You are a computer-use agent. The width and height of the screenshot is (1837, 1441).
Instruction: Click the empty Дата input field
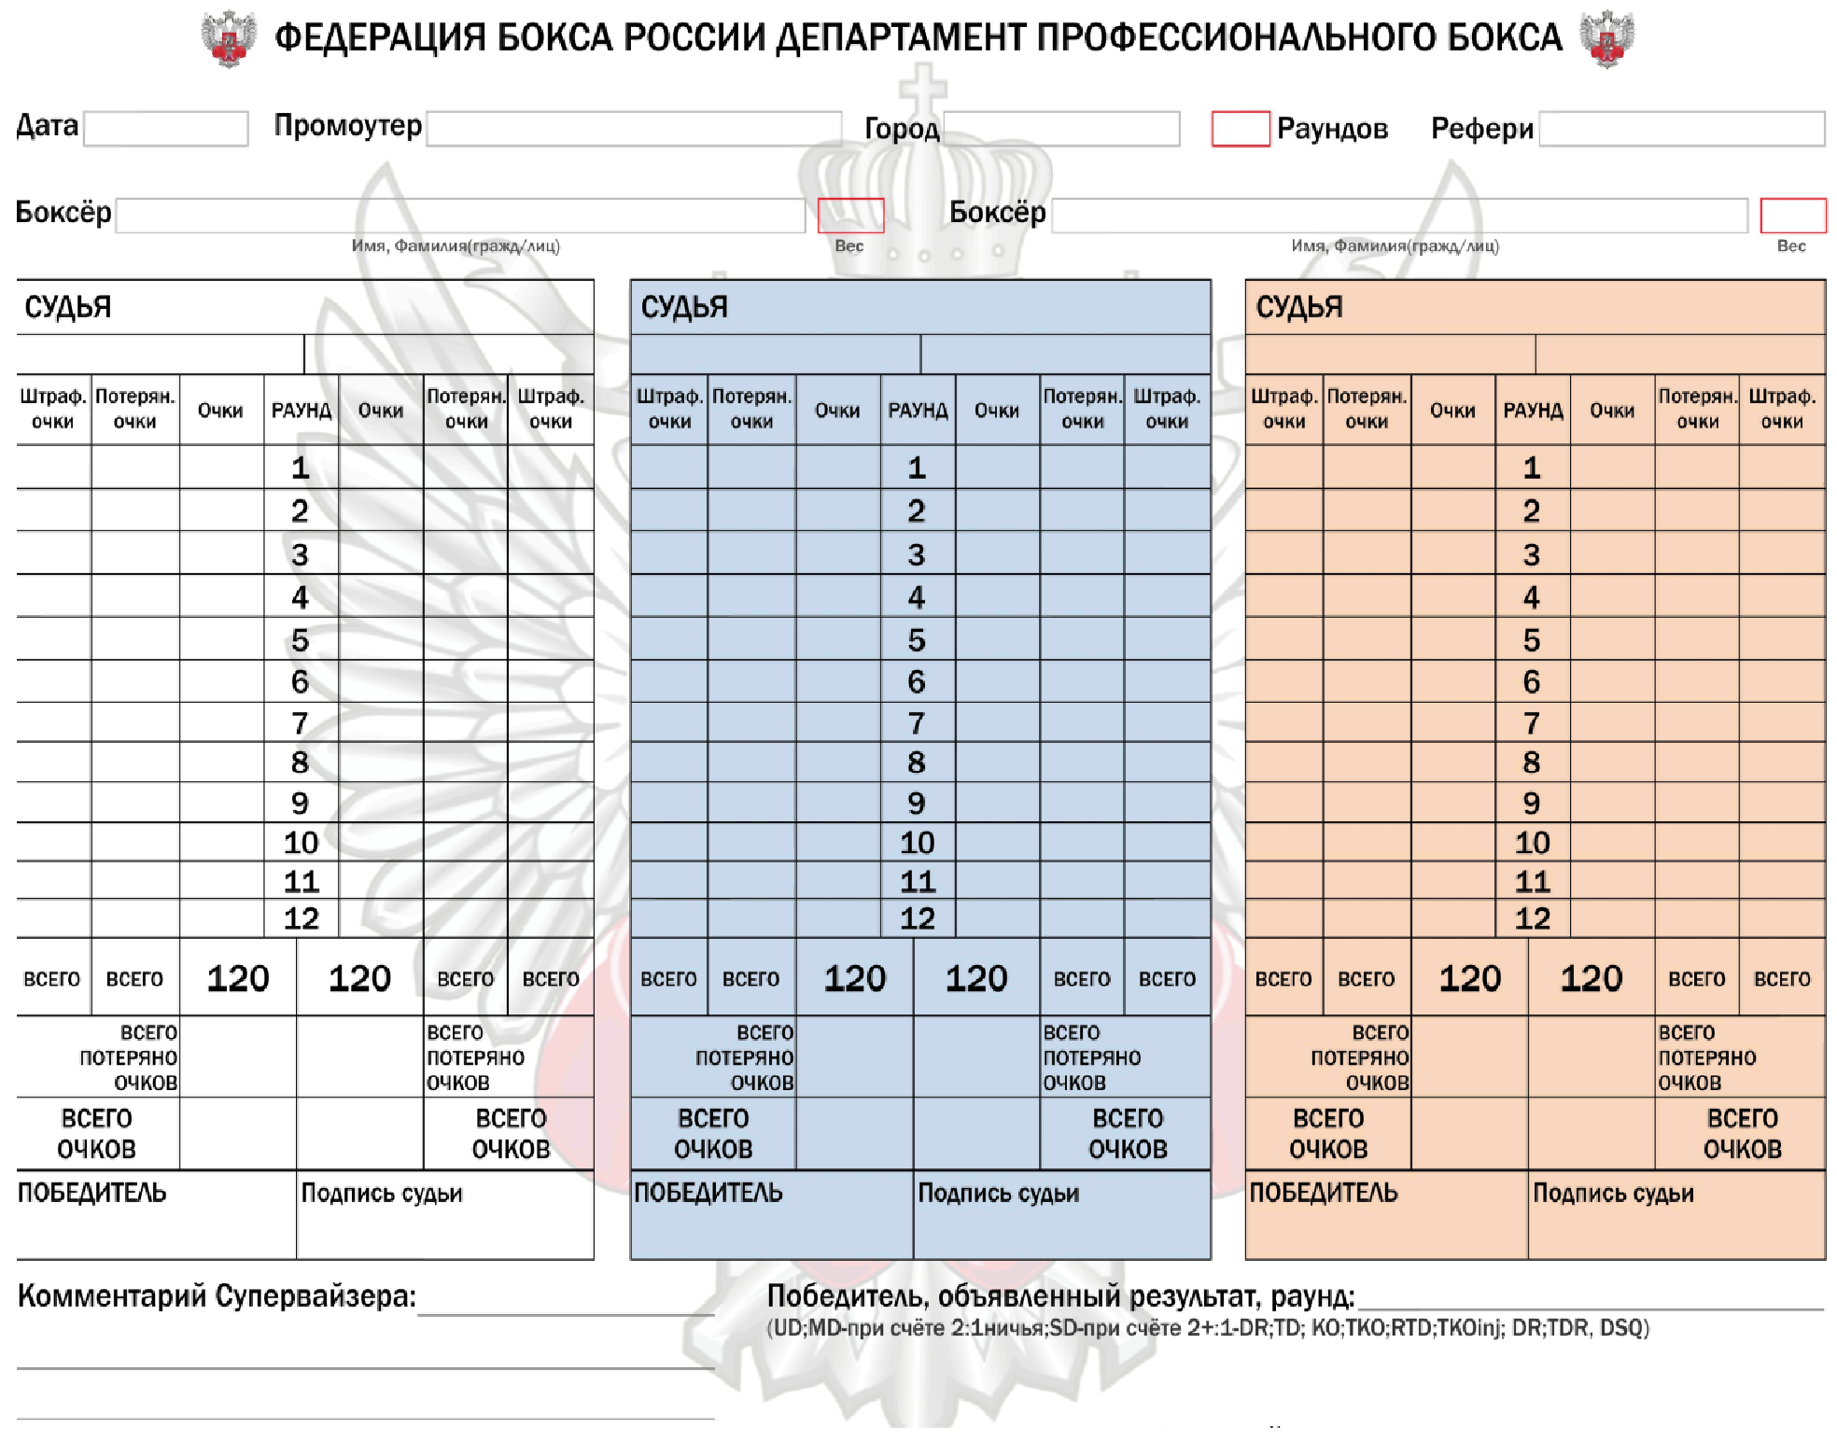click(x=166, y=129)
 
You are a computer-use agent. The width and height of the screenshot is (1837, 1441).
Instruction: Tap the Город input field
click(x=1061, y=129)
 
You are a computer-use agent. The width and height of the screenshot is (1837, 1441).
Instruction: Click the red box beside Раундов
click(x=1240, y=129)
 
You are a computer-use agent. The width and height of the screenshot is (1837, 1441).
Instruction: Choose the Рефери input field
click(x=1681, y=129)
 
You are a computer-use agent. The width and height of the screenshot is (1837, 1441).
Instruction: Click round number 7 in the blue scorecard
click(x=917, y=723)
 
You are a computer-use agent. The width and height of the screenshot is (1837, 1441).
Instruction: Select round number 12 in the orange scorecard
click(x=1532, y=918)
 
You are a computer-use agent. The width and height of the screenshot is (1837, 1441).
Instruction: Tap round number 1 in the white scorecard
click(x=300, y=468)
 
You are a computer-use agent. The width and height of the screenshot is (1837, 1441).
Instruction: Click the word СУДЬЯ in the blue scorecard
click(x=684, y=307)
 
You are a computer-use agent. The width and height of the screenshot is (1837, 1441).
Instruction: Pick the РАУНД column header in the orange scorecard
click(x=1533, y=411)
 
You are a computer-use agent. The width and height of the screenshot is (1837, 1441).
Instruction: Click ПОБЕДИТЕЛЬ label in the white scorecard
click(x=92, y=1193)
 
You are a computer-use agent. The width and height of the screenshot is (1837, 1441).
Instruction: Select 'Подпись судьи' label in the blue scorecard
click(x=998, y=1194)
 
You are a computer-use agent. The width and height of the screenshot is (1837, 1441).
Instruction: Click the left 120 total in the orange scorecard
click(x=1469, y=978)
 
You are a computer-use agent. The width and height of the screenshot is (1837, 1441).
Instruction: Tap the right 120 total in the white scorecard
click(x=359, y=978)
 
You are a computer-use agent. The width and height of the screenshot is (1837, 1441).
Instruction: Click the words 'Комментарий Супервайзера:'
click(x=217, y=1296)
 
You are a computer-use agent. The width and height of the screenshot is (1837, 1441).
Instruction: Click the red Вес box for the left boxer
click(x=850, y=216)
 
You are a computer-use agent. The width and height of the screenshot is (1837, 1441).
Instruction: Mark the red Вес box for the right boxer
click(x=1792, y=216)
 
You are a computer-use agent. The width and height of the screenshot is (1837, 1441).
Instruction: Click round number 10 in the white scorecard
click(x=301, y=843)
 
